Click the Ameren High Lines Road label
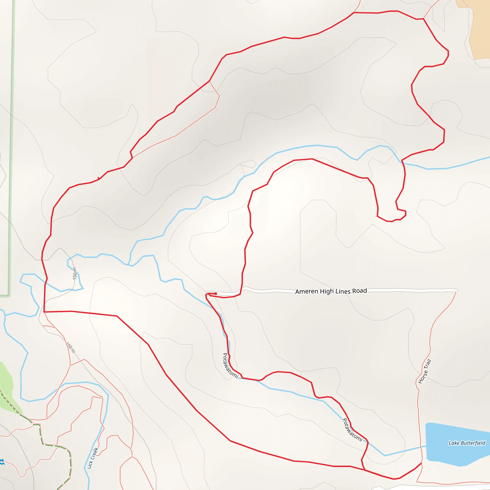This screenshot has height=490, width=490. point(331,291)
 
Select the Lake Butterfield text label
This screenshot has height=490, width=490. point(467,443)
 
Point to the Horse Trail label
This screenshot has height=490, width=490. point(425,371)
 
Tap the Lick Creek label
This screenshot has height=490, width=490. point(93,458)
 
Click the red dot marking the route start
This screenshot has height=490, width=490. point(216,293)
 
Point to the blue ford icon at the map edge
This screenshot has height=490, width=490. point(2,462)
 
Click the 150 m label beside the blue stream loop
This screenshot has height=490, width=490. point(75,273)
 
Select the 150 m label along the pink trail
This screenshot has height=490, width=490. point(71,347)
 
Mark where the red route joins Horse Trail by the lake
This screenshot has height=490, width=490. point(421,463)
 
